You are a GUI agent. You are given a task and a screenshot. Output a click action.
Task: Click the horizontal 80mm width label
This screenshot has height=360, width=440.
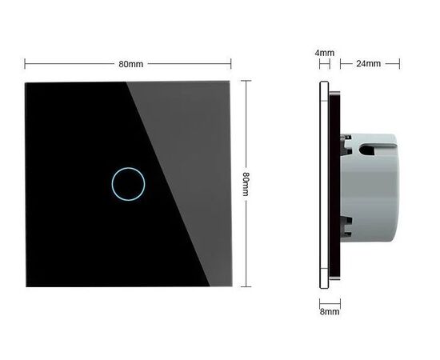(130, 64)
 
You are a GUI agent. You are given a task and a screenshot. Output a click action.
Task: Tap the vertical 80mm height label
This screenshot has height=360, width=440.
(246, 184)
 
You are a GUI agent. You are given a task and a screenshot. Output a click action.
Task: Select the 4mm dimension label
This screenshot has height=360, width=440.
(324, 53)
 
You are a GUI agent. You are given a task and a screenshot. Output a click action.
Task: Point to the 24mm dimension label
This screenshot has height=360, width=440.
(369, 64)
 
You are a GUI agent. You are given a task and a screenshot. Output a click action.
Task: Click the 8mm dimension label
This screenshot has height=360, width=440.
(330, 312)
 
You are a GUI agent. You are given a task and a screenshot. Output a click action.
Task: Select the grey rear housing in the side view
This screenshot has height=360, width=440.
(370, 187)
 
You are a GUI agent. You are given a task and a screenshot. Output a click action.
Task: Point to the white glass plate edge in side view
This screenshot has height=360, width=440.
(324, 185)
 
